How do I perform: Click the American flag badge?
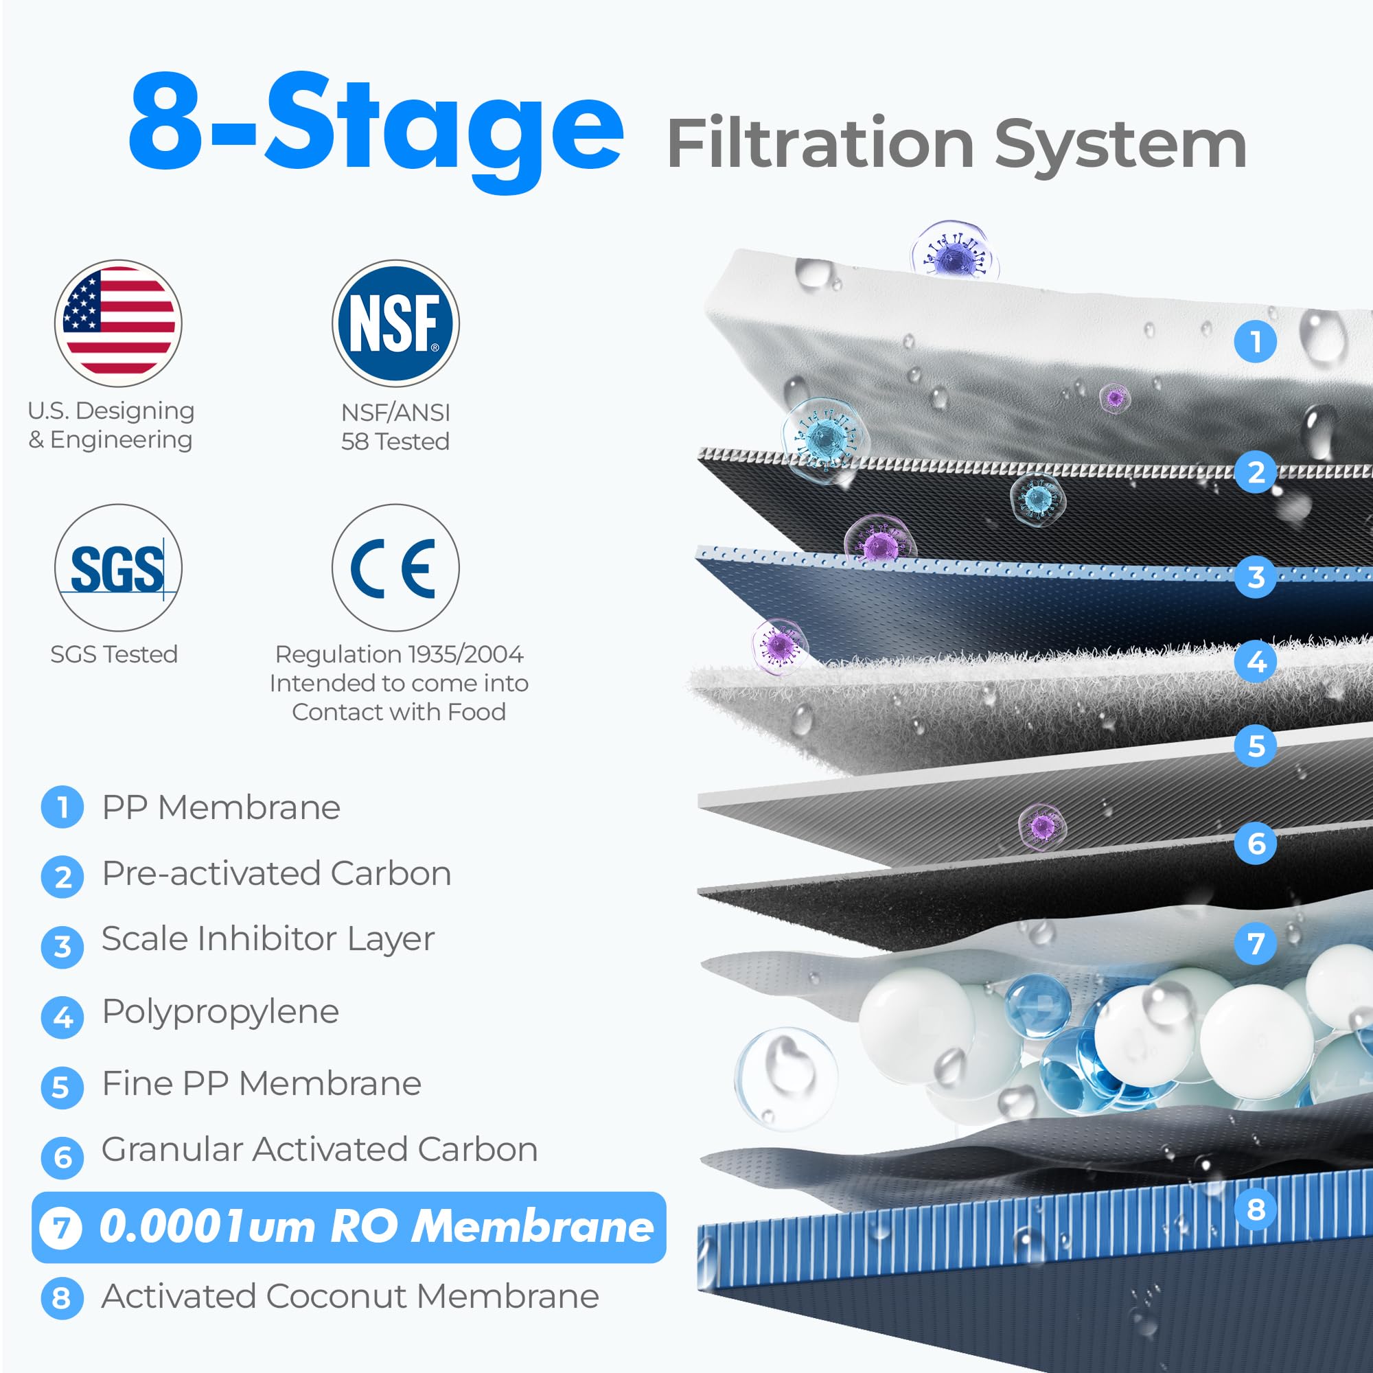118,323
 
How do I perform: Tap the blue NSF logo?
395,323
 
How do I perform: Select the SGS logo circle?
118,567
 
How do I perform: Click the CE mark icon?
395,567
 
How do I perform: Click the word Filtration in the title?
820,144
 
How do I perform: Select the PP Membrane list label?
221,807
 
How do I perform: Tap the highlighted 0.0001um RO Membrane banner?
348,1227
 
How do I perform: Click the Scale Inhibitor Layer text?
268,938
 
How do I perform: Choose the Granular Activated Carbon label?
319,1149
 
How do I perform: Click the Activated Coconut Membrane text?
349,1296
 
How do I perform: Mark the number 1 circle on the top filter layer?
1256,341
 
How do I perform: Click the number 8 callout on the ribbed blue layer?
1256,1208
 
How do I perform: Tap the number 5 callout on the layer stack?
1256,746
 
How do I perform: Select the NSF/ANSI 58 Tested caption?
395,426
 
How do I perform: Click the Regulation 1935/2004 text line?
399,654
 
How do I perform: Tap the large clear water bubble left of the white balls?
785,1077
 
